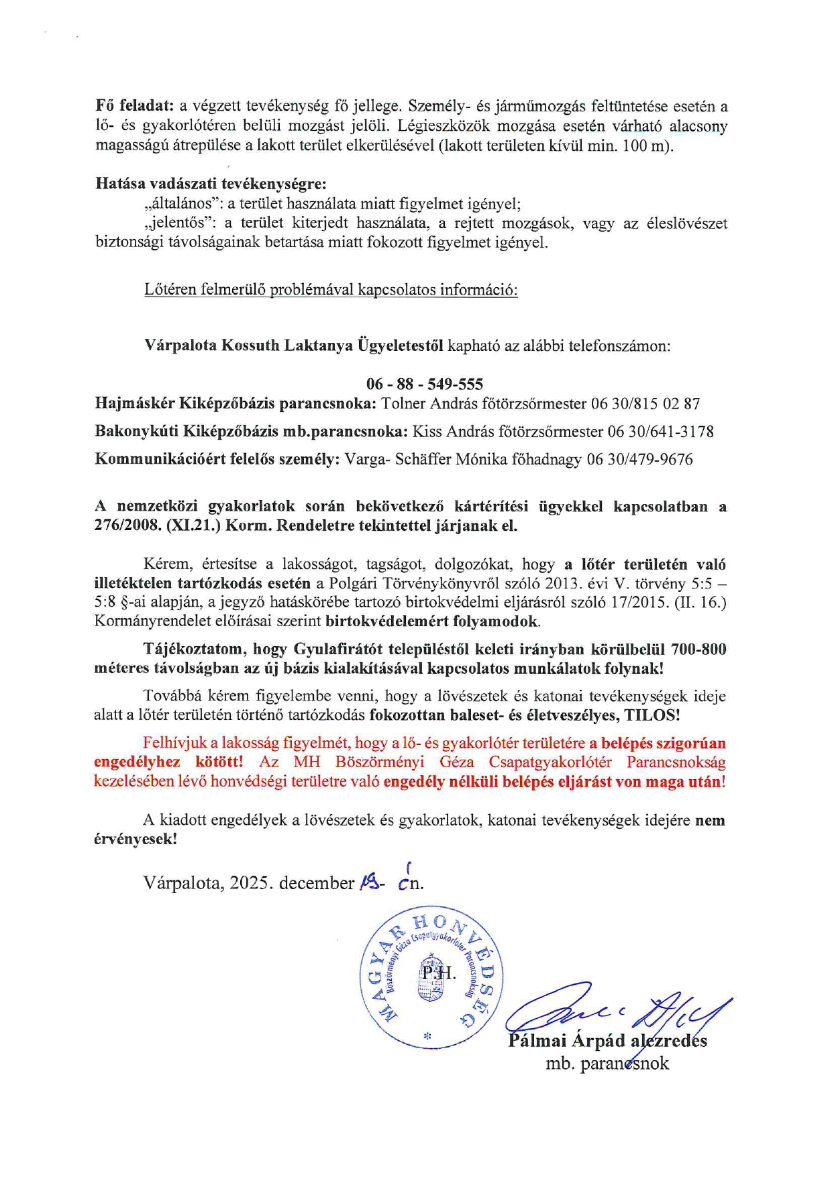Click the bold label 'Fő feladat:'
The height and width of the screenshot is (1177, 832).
point(135,106)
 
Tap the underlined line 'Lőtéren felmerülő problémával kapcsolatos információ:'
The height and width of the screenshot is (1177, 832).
point(331,289)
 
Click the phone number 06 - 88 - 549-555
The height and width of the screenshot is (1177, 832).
point(424,384)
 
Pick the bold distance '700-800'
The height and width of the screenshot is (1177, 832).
point(698,650)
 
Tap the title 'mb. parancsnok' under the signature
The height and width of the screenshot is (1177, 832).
point(607,1064)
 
